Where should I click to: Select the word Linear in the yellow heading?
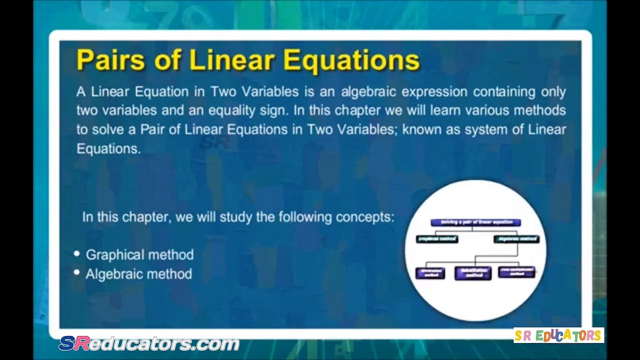pyautogui.click(x=232, y=60)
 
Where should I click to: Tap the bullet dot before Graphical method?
pyautogui.click(x=76, y=253)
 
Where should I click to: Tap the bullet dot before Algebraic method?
pyautogui.click(x=76, y=272)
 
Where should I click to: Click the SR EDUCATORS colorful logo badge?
pyautogui.click(x=558, y=335)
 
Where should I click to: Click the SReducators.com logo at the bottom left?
pyautogui.click(x=149, y=343)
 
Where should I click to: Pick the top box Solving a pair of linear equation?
pyautogui.click(x=475, y=222)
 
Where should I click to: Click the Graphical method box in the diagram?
pyautogui.click(x=437, y=239)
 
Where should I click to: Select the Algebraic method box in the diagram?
pyautogui.click(x=517, y=239)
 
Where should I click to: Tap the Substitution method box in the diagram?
pyautogui.click(x=473, y=273)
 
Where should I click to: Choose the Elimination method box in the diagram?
pyautogui.click(x=430, y=273)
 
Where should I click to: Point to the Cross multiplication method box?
pyautogui.click(x=516, y=272)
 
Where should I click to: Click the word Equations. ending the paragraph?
pyautogui.click(x=108, y=148)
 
